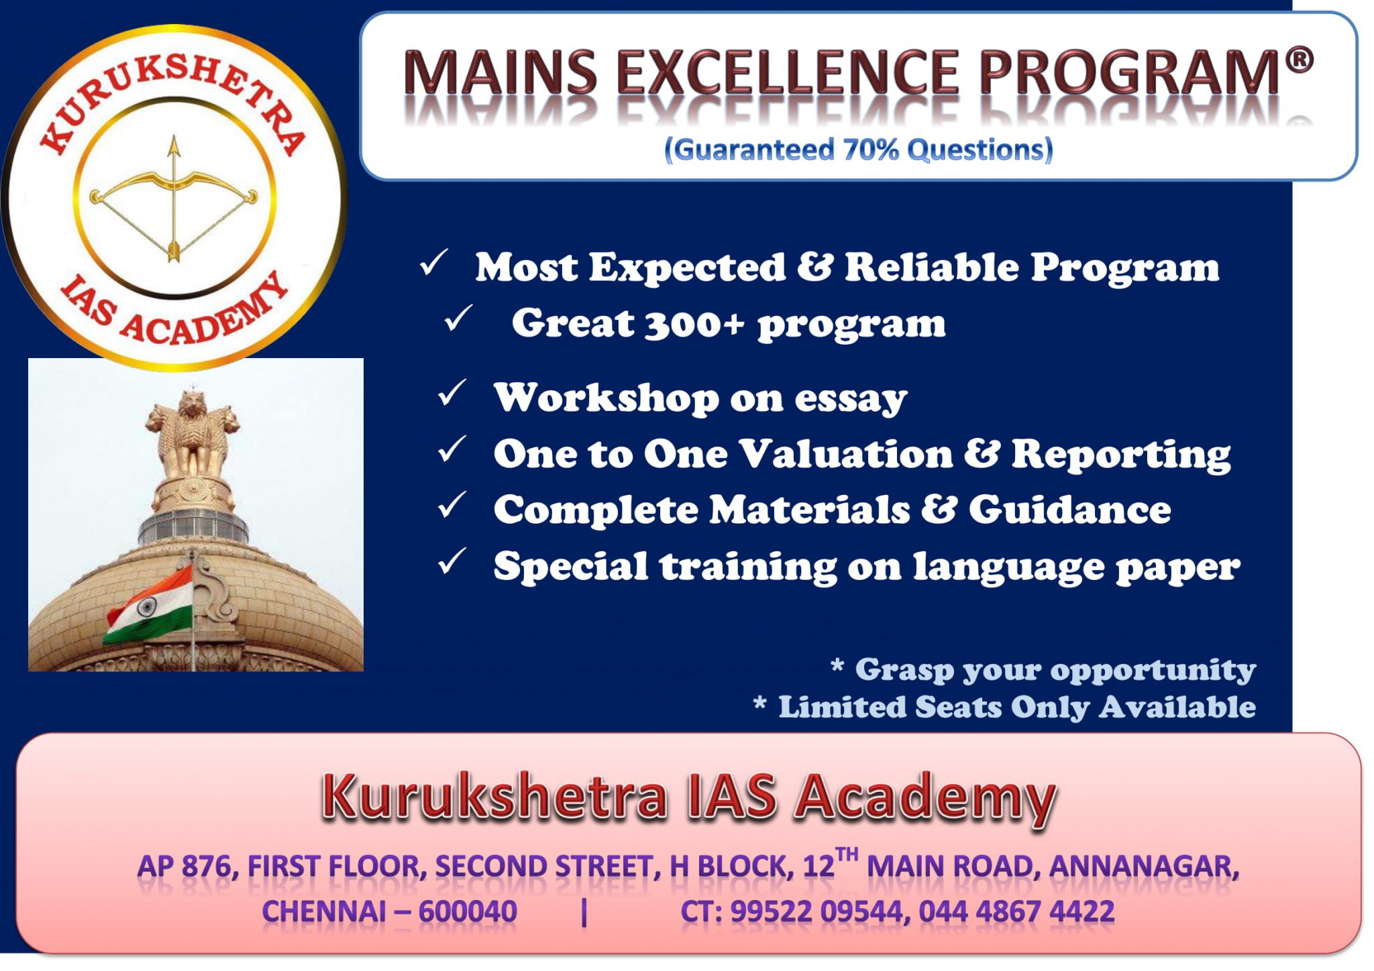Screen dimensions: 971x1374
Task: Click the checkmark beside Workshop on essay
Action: tap(452, 394)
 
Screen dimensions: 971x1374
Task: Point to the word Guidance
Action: tap(1069, 510)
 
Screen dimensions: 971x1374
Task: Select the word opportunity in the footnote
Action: tap(1153, 669)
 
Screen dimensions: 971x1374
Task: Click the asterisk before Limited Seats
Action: tap(759, 704)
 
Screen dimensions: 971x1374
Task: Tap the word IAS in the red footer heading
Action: tap(731, 797)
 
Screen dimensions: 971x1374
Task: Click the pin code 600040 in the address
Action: tap(468, 911)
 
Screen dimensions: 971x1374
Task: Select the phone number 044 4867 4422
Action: tap(1016, 911)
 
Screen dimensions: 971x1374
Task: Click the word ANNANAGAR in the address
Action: tap(1143, 866)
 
